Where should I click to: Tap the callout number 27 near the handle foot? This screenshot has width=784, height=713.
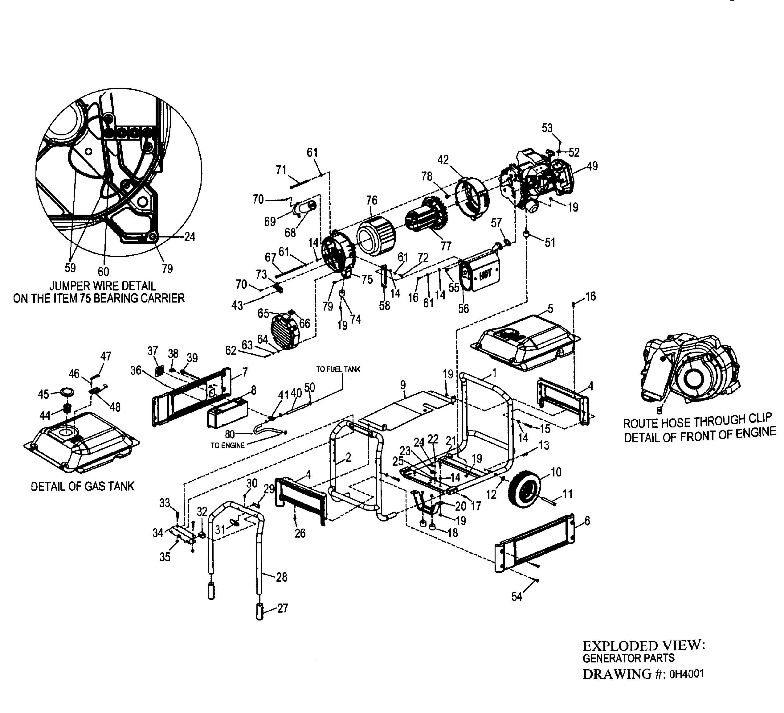point(282,608)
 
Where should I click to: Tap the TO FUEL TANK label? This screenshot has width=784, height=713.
point(338,369)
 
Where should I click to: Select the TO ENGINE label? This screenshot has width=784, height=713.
point(227,446)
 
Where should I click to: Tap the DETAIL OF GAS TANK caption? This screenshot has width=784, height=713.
point(83,486)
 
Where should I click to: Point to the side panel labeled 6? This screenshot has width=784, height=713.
point(535,542)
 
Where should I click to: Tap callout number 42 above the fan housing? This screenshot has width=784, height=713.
point(443,160)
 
